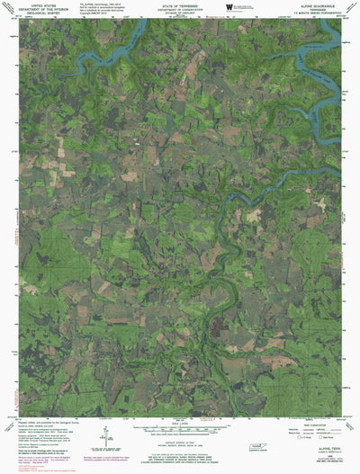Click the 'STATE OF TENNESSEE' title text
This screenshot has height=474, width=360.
coord(181,4)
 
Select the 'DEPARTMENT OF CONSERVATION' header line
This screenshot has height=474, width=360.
coord(181,8)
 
